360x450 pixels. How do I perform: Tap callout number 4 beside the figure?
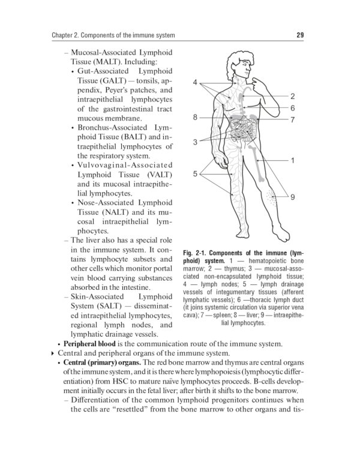[x=195, y=82]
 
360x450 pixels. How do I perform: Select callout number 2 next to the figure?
[x=292, y=96]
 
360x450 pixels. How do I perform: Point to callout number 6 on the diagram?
[x=292, y=108]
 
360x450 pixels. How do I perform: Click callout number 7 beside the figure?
[x=292, y=120]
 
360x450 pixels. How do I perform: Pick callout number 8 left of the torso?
[x=195, y=118]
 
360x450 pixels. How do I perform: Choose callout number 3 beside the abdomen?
[x=195, y=142]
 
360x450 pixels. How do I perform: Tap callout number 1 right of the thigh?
[x=292, y=161]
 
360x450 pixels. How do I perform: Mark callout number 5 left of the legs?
[x=195, y=174]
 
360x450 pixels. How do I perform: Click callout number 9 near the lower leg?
[x=292, y=197]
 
